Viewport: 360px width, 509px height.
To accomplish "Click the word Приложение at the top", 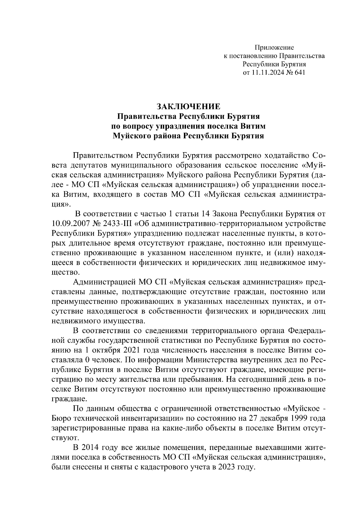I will pos(274,47).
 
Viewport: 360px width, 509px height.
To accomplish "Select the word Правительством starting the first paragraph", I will pos(103,156).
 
